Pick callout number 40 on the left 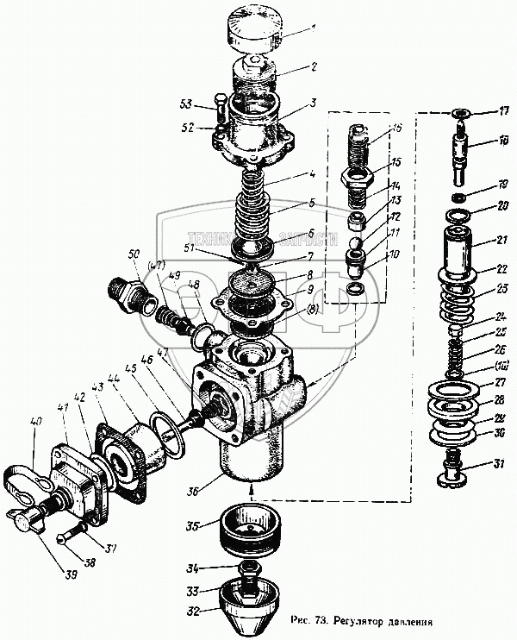tap(35, 422)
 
